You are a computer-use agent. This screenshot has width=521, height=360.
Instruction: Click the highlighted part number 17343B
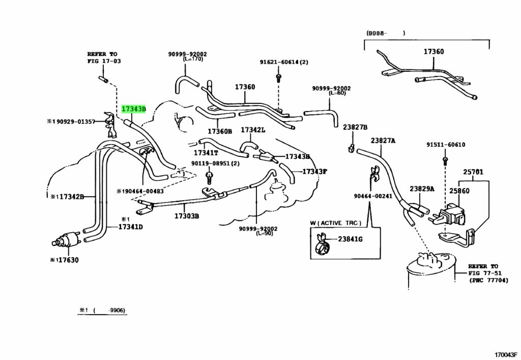(x=134, y=109)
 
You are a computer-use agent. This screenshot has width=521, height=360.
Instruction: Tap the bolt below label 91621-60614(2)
(x=278, y=78)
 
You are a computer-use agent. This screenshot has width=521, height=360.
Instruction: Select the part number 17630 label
(x=69, y=260)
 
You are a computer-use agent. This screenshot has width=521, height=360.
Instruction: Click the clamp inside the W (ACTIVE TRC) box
(x=322, y=244)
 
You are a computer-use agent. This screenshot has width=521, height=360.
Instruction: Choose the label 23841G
(x=350, y=239)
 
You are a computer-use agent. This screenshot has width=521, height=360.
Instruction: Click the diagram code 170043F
(x=506, y=354)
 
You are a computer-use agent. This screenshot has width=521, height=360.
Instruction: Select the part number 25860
(x=469, y=191)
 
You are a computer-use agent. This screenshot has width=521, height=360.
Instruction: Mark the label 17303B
(x=187, y=216)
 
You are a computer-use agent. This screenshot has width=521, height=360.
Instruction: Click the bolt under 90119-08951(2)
(x=209, y=177)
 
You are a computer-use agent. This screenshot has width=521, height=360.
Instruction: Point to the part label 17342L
(x=253, y=130)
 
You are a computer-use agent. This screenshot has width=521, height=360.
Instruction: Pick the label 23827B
(x=355, y=127)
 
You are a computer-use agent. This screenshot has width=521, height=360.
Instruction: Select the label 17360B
(x=220, y=131)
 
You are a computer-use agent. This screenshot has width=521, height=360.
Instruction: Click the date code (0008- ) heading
(x=386, y=33)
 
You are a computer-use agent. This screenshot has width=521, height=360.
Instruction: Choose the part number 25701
(x=474, y=172)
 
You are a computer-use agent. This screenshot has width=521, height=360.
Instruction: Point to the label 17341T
(x=206, y=153)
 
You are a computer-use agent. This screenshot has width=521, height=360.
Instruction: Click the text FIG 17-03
(x=104, y=61)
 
